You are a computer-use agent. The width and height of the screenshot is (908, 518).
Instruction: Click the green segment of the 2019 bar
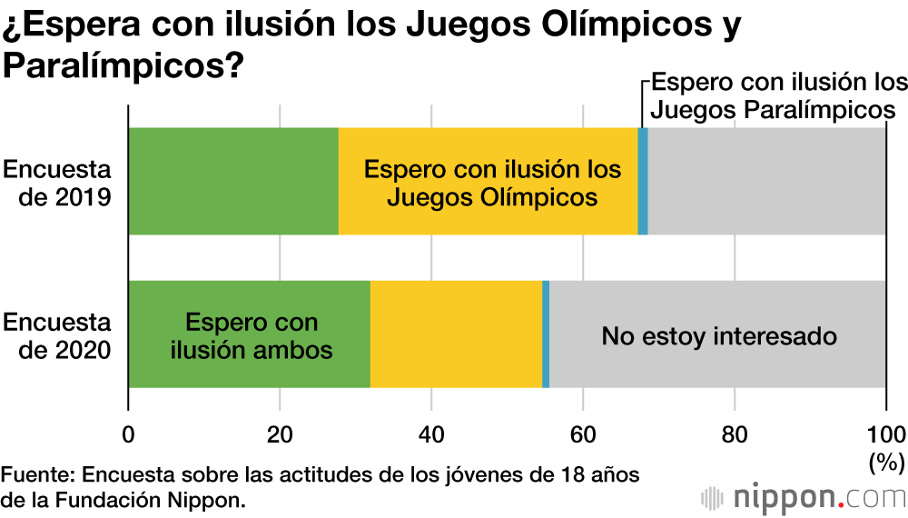click(233, 182)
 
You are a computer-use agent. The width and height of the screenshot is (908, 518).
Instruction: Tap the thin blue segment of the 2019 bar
click(643, 182)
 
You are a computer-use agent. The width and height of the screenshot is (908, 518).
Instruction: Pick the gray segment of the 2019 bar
click(766, 182)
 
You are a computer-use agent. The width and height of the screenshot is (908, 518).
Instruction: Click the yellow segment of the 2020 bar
click(456, 334)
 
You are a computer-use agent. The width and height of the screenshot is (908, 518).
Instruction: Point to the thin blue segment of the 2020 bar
click(546, 334)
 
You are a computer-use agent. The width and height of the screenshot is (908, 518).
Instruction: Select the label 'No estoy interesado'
click(718, 336)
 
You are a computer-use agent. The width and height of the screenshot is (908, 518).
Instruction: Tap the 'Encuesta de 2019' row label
click(57, 183)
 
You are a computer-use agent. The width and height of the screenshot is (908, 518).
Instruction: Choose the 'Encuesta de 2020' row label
click(57, 335)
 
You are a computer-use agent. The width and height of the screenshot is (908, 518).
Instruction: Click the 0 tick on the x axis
click(128, 432)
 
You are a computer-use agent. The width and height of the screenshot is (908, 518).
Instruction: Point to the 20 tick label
click(280, 432)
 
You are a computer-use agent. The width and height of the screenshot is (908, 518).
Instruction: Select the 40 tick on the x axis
click(431, 432)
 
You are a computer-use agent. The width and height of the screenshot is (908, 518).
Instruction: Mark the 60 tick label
click(583, 432)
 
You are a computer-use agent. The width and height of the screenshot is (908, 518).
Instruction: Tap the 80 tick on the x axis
click(735, 432)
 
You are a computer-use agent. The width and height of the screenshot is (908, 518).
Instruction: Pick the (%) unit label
click(884, 463)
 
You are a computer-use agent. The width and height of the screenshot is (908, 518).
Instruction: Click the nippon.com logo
click(804, 497)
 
